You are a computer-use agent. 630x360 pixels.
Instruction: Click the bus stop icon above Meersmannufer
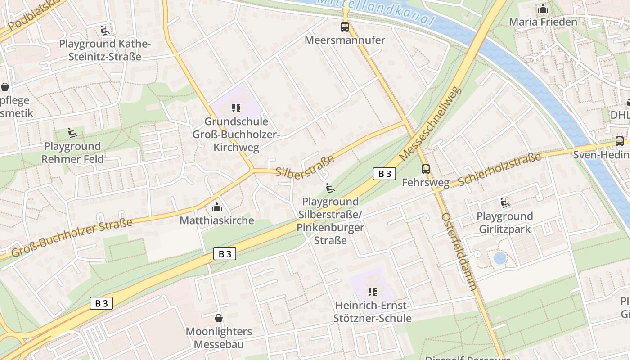345,27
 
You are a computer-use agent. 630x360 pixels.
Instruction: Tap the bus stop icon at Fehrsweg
426,169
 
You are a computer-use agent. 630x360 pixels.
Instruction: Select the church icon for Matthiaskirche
217,207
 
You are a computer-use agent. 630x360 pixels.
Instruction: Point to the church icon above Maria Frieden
543,9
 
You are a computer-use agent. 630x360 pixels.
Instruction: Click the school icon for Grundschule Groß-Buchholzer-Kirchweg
236,108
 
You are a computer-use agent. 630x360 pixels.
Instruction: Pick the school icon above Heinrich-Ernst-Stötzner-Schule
373,292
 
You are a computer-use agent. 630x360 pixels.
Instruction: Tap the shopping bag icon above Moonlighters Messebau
219,318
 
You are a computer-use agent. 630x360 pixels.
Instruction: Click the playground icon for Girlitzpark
505,203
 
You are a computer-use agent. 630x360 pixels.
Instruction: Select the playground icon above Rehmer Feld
72,133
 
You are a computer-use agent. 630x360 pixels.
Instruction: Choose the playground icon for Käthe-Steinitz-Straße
105,31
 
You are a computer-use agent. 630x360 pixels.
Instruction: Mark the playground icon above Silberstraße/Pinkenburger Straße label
330,188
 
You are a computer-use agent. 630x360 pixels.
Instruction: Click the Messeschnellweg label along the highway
431,123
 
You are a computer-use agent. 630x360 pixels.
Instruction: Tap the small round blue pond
499,258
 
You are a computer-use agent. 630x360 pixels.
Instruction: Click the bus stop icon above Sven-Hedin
620,141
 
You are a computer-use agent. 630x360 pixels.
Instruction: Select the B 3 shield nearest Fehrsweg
384,174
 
